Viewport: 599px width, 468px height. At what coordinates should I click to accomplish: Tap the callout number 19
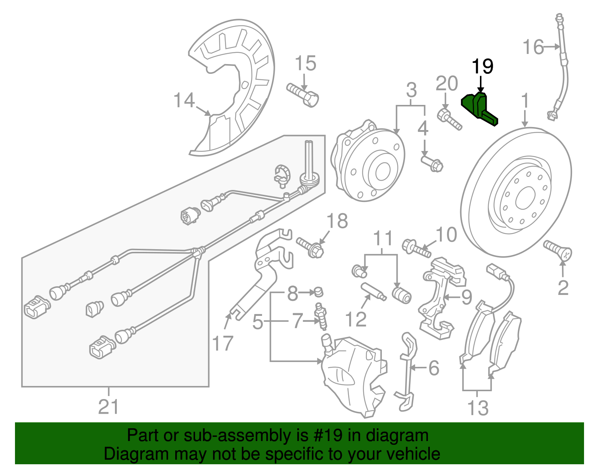[x=482, y=67]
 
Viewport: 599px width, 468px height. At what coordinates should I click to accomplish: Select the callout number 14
[x=184, y=100]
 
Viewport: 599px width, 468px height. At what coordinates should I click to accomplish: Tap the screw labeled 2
[x=558, y=250]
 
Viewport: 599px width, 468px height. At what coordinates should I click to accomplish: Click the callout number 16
[x=533, y=47]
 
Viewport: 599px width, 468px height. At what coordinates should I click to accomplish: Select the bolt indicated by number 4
[x=432, y=164]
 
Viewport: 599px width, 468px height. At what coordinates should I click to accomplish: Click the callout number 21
[x=109, y=407]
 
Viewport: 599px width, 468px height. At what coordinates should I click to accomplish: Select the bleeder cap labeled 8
[x=319, y=291]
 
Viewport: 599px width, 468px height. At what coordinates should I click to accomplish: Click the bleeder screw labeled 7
[x=320, y=317]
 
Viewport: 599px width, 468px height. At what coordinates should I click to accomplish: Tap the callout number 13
[x=478, y=408]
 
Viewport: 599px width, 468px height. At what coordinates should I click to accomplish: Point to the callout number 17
[x=223, y=343]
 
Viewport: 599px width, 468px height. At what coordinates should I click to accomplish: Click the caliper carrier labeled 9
[x=438, y=296]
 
